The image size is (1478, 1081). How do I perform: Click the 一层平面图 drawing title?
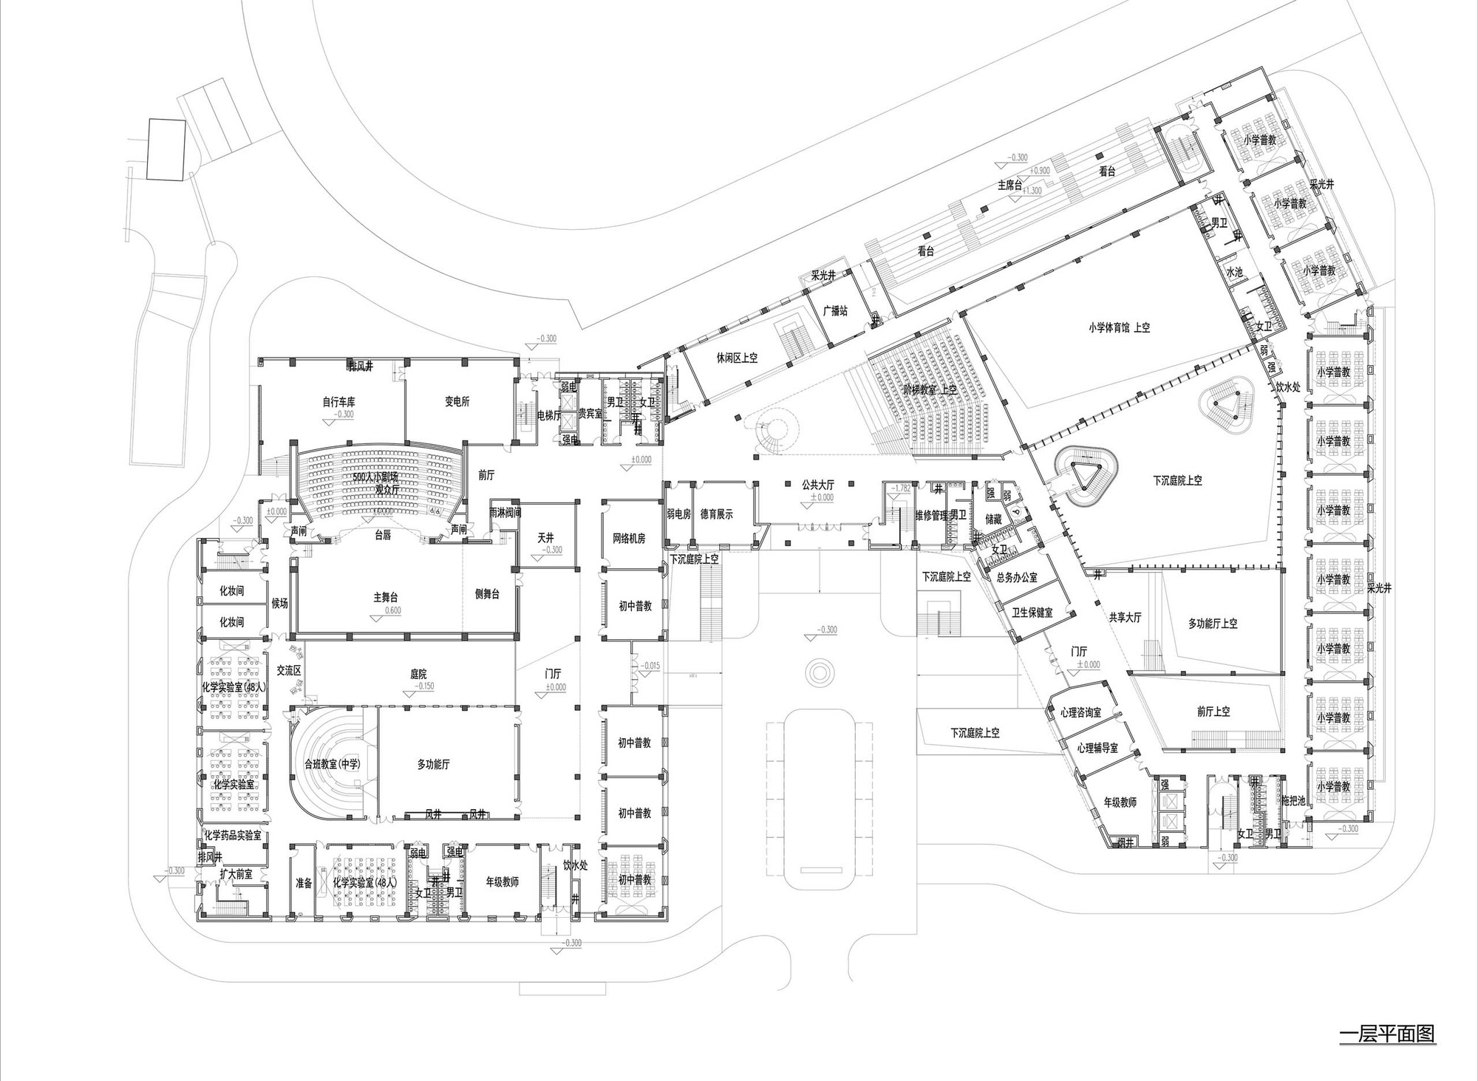click(x=1387, y=1033)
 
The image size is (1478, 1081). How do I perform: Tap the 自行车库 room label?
click(x=338, y=402)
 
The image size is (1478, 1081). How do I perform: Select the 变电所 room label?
click(x=457, y=402)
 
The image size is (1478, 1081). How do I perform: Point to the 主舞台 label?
click(x=386, y=597)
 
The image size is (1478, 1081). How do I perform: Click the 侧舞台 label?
click(x=486, y=593)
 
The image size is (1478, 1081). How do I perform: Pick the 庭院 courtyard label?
click(x=418, y=674)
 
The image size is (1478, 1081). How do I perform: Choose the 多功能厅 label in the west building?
click(x=433, y=765)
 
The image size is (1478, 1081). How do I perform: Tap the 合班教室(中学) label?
click(x=332, y=765)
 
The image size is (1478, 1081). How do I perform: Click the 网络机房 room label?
click(x=629, y=539)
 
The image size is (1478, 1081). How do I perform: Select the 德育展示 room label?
click(x=716, y=514)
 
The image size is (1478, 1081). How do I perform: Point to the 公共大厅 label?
click(x=818, y=485)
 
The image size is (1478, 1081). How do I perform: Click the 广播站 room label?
click(x=835, y=310)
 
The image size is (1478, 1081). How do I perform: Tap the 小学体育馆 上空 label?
click(x=1119, y=327)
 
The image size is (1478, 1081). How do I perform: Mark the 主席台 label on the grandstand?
click(x=1009, y=185)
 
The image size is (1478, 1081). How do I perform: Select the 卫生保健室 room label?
click(x=1032, y=613)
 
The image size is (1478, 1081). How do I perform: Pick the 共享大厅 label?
click(x=1125, y=617)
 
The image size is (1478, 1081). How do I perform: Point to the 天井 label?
click(x=546, y=539)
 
